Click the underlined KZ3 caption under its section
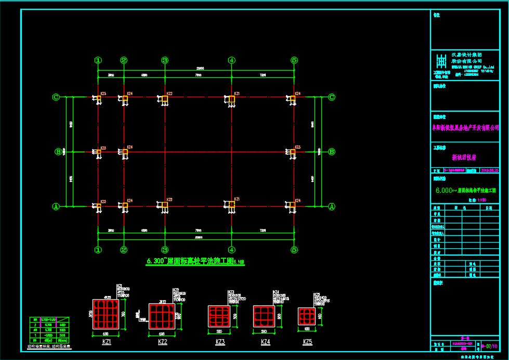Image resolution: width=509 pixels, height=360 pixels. coord(220,342)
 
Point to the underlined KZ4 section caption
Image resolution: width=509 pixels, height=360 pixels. coord(265,342)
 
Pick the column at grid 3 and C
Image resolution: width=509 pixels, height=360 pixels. coord(164,99)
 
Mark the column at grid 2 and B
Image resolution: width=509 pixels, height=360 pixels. coord(125,152)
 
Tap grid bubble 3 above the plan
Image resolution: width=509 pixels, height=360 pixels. coord(164,60)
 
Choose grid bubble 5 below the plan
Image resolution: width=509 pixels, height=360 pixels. coord(294,250)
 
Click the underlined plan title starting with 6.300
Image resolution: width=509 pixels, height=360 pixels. coord(195,262)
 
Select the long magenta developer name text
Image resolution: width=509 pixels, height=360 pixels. coord(465,127)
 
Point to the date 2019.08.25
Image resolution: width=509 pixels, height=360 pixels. coord(490,170)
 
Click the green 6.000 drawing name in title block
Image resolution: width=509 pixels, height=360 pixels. coord(465,191)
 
